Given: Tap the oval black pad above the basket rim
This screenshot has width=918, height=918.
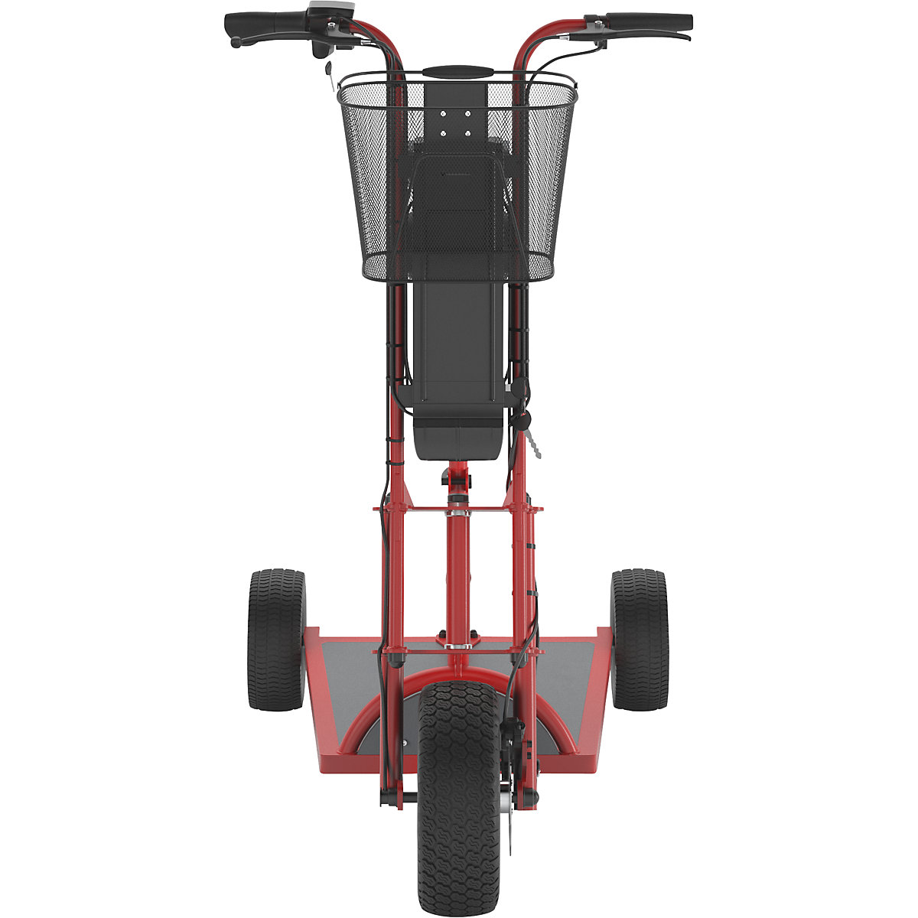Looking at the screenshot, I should [x=457, y=71].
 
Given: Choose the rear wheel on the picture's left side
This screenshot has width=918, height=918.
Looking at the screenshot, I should [x=276, y=639].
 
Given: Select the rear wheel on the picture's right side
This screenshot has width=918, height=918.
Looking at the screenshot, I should [x=640, y=639].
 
